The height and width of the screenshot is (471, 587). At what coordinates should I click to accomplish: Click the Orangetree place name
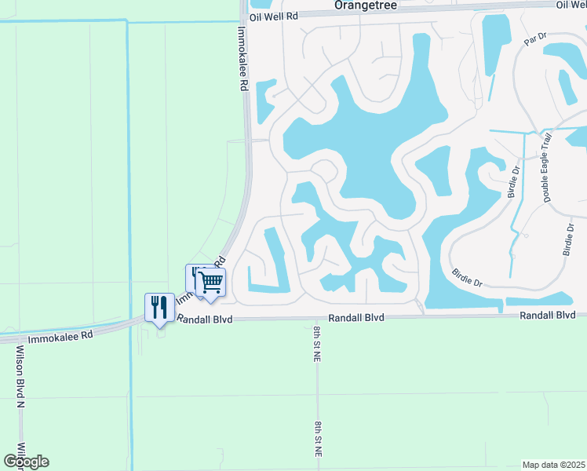coord(366,5)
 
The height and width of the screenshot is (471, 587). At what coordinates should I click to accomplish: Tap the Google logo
coord(27,462)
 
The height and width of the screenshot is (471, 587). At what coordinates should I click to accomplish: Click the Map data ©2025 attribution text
coord(552,464)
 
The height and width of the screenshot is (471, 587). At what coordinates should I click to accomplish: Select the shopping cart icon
coord(210,282)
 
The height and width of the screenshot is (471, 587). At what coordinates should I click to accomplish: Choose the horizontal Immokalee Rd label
coord(60,335)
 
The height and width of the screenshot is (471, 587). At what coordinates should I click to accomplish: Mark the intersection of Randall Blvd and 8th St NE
coord(316,319)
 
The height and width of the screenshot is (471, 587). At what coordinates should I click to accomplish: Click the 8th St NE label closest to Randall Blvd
coord(317,343)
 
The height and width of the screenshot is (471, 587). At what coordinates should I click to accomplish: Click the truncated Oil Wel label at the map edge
coord(571,5)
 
